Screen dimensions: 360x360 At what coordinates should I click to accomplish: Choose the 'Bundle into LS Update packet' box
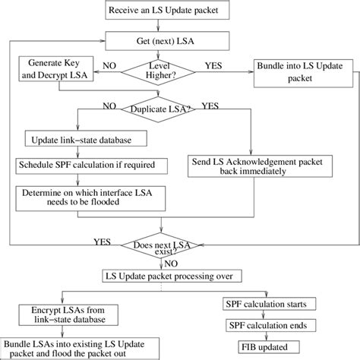pos(299,71)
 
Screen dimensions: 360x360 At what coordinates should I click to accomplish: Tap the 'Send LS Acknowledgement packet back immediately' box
pos(243,166)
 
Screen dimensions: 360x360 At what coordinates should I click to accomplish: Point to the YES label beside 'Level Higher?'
pos(214,66)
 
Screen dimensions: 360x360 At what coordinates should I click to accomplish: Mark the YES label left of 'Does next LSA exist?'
pos(100,242)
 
